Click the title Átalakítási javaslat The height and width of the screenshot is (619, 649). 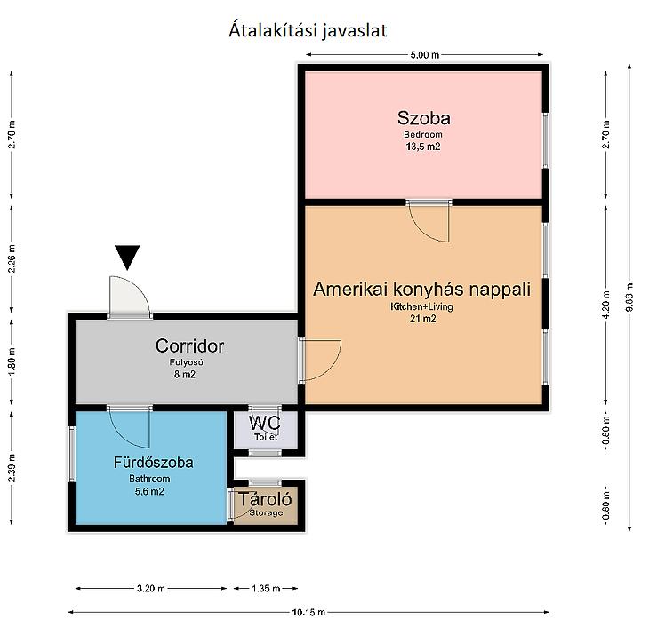308,30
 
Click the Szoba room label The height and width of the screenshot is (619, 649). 423,118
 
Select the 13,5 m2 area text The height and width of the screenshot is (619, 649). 423,147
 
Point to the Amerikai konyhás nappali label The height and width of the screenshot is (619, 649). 421,289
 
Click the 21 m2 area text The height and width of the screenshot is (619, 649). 422,319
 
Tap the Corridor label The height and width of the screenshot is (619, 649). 189,346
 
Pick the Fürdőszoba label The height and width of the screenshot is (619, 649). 154,463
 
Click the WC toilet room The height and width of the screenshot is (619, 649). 265,430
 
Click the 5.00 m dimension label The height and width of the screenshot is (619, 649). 425,54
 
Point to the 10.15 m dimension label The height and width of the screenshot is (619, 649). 308,612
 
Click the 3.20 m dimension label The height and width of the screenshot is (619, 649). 150,588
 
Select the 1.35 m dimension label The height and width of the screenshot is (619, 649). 266,588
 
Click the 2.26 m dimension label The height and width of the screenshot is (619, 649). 12,258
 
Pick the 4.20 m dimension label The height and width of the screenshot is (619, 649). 606,305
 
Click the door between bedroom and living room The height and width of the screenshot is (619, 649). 429,221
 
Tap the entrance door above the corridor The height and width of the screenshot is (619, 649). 129,297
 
